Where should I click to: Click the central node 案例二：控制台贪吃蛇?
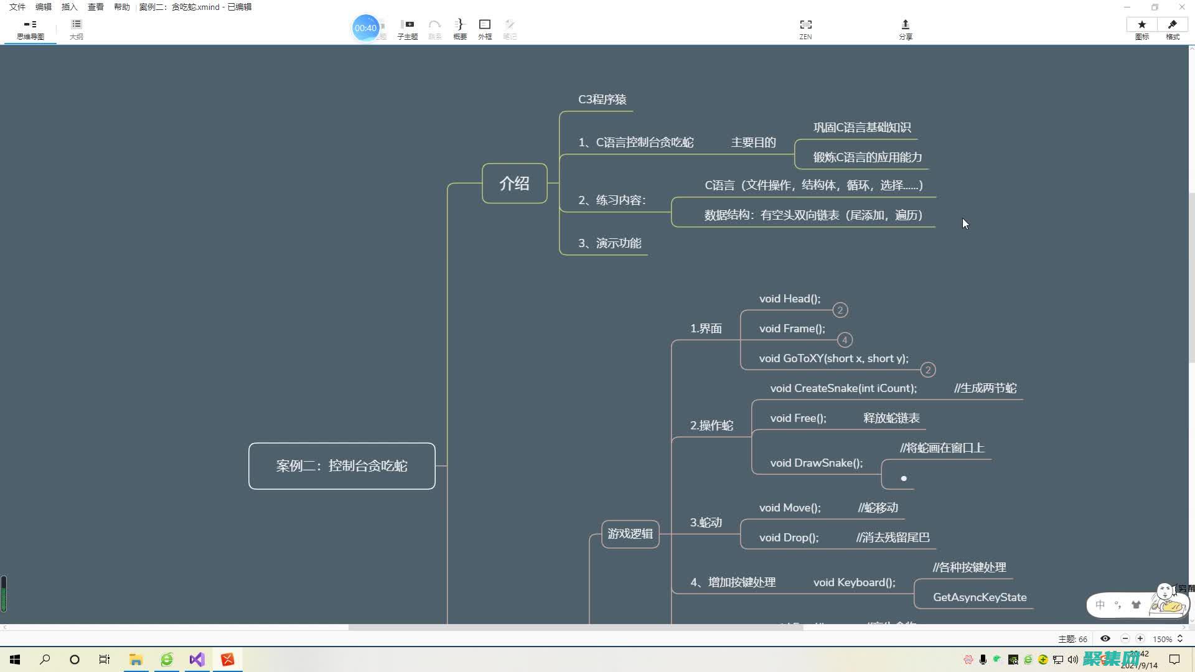tap(342, 466)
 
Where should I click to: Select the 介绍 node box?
tap(514, 184)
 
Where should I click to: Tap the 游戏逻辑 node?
tap(630, 534)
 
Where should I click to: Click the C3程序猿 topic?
tap(602, 100)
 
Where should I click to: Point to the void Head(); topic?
tap(789, 299)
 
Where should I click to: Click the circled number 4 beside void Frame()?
tap(845, 340)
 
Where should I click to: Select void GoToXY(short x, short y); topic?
tap(833, 358)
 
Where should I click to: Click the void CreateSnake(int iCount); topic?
tap(843, 388)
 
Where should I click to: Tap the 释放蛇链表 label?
tap(891, 418)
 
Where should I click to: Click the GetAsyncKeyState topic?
tap(979, 597)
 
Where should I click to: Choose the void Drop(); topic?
tap(789, 538)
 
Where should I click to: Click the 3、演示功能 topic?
tap(609, 243)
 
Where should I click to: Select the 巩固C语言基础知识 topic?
tap(862, 128)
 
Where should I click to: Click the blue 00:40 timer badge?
tap(365, 28)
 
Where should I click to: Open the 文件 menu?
tap(17, 7)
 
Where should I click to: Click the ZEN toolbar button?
tap(805, 29)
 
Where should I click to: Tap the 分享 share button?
tap(905, 29)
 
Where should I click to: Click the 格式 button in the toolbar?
tap(1173, 29)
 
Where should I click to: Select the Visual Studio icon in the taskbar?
tap(197, 660)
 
